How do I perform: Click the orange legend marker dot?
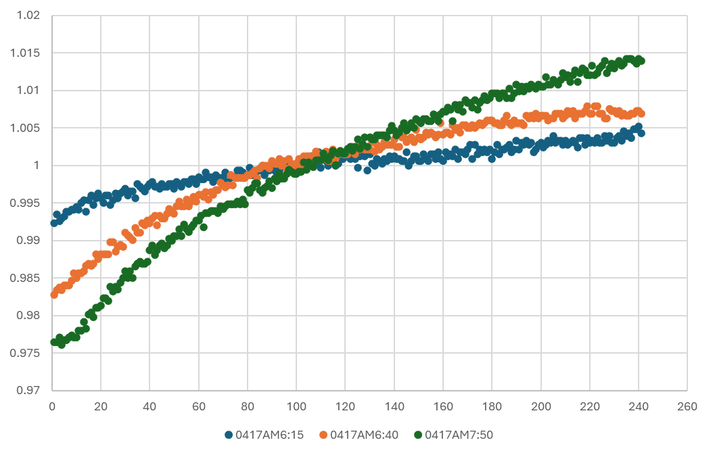click(x=323, y=435)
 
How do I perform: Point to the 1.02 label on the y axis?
click(x=27, y=16)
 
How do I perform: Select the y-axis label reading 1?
click(x=38, y=165)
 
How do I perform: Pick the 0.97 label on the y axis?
click(x=27, y=390)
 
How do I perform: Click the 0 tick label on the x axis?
click(x=52, y=406)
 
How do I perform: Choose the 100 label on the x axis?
click(x=296, y=406)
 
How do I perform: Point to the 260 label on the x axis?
click(x=687, y=406)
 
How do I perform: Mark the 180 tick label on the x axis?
click(x=492, y=406)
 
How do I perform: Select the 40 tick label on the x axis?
click(x=149, y=406)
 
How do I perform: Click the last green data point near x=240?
click(x=641, y=61)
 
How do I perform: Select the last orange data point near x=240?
click(x=641, y=114)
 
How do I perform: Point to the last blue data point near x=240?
click(x=641, y=133)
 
